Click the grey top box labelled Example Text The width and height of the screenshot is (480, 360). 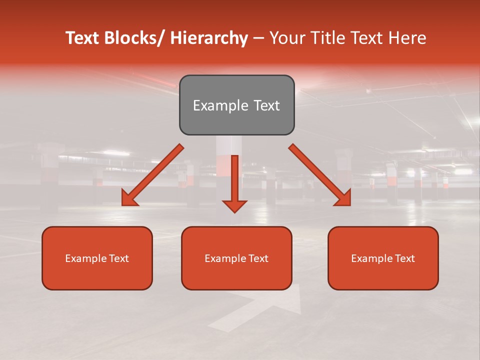point(236,105)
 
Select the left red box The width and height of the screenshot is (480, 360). point(97,258)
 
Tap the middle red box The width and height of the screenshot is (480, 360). point(236,258)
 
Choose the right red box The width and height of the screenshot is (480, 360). point(383,258)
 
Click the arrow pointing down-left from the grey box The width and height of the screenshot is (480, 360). point(153,175)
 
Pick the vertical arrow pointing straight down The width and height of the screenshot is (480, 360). point(235,183)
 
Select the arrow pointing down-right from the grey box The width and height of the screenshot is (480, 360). point(319,175)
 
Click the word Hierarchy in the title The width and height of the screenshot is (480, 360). point(209,38)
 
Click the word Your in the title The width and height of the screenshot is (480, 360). point(286,38)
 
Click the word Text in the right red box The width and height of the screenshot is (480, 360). point(404,258)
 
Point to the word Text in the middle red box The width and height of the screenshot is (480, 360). point(257,258)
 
